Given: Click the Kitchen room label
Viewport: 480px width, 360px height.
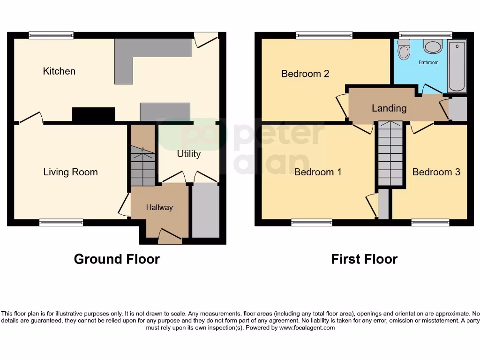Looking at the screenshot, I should (59, 71).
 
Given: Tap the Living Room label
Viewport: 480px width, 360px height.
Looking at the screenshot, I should (70, 172).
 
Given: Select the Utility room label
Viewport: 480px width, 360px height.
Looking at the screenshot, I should (188, 154).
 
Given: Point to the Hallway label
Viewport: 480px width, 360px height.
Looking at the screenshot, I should (159, 208).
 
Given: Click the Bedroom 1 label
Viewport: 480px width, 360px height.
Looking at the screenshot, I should (318, 172).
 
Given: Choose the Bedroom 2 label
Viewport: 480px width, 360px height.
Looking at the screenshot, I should (305, 74).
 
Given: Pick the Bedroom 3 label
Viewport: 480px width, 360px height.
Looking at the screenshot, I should (436, 172).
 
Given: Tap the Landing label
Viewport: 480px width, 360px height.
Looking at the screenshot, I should (389, 108).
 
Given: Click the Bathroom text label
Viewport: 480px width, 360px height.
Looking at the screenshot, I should (428, 62).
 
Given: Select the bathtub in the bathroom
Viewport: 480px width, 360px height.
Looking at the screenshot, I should (457, 66).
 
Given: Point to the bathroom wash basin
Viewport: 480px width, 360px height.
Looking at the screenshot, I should (433, 46).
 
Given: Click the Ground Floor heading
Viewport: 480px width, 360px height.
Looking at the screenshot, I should (117, 259).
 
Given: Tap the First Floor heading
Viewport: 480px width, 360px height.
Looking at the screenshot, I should (364, 259).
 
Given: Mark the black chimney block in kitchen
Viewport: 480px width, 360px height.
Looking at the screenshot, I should (93, 114).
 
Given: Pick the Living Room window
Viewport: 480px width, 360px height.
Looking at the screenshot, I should (61, 223).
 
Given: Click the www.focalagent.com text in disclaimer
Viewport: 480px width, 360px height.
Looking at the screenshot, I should (307, 328).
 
